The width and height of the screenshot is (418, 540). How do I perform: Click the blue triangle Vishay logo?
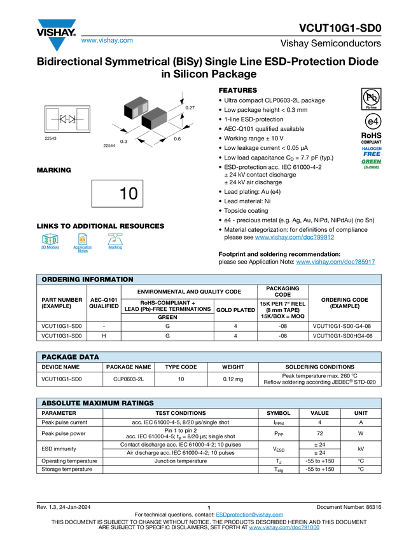(x=57, y=44)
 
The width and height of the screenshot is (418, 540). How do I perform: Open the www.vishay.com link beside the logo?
(x=107, y=41)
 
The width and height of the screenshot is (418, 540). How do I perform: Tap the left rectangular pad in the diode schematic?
(x=52, y=119)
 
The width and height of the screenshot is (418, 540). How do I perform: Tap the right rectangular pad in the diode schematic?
(x=82, y=119)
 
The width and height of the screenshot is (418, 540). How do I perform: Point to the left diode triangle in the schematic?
(x=64, y=119)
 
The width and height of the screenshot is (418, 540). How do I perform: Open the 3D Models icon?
(x=50, y=243)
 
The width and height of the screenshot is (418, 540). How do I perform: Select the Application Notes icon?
(x=83, y=243)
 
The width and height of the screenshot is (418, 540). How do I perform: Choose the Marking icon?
(x=115, y=243)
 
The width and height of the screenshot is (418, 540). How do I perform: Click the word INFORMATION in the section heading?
(x=106, y=280)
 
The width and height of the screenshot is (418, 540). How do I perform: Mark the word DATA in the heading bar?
(x=90, y=357)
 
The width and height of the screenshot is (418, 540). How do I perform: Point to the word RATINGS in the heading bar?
(x=138, y=403)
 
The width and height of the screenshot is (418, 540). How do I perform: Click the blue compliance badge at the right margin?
(x=372, y=151)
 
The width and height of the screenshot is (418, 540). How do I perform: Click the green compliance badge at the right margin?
(x=372, y=164)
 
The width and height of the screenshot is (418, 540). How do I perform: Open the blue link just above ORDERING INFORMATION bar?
(x=336, y=262)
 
